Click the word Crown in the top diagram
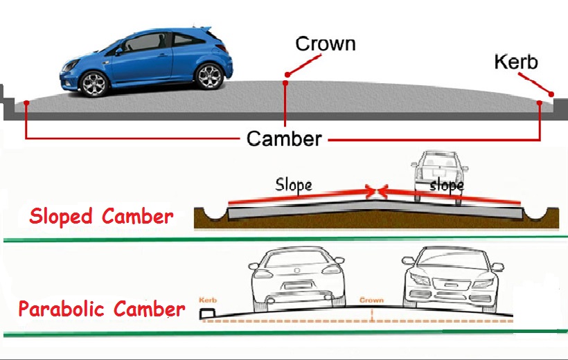(x=325, y=44)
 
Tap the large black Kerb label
(x=515, y=62)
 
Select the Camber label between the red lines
(x=284, y=138)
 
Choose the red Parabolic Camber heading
(x=102, y=308)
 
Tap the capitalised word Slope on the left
(x=294, y=184)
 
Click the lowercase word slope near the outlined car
(x=446, y=186)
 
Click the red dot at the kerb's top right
(x=552, y=94)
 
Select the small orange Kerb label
(x=208, y=300)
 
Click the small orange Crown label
(x=371, y=300)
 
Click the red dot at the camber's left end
(x=26, y=103)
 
